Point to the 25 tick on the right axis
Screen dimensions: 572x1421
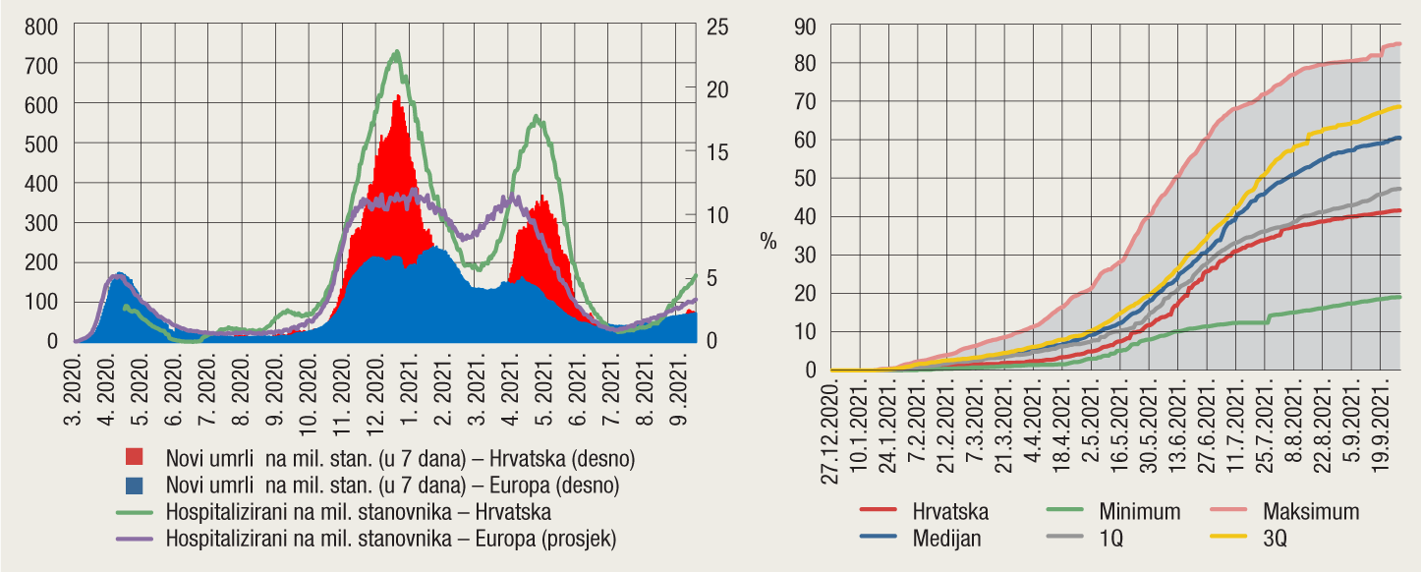(x=718, y=26)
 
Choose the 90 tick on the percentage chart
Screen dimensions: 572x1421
(x=806, y=26)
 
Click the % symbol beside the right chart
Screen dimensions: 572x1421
(x=767, y=242)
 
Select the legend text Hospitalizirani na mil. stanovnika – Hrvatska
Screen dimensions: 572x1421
(x=359, y=512)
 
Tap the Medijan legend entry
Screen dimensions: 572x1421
(x=946, y=539)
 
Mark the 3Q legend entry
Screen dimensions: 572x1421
(x=1276, y=539)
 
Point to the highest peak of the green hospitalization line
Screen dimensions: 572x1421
(x=396, y=51)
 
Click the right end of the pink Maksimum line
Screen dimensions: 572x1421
(x=1398, y=43)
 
